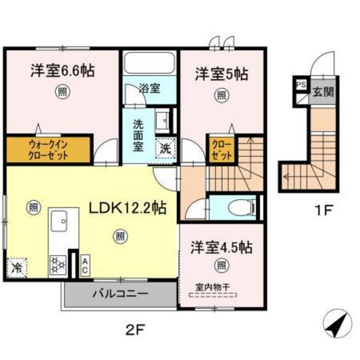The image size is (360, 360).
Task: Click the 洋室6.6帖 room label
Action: click(62, 71)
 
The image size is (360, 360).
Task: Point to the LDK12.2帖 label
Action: click(128, 208)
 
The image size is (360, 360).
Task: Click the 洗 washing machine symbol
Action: click(166, 147)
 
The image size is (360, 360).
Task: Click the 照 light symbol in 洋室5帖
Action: click(221, 96)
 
